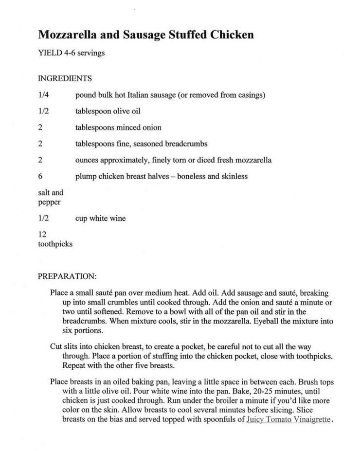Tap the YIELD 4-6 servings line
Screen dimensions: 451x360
tap(71, 53)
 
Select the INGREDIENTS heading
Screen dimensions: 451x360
tap(65, 78)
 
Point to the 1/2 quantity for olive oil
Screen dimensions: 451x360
tap(43, 111)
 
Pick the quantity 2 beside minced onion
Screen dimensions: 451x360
tap(40, 127)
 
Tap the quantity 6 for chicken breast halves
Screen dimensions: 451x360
tap(40, 176)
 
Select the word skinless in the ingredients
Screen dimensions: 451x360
tap(232, 176)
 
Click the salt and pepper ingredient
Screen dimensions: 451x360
tap(51, 197)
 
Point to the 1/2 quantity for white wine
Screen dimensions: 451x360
tap(43, 218)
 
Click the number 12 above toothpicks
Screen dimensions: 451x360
tap(42, 234)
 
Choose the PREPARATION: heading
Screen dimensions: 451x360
tap(67, 276)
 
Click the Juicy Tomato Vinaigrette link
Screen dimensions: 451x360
tap(289, 419)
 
